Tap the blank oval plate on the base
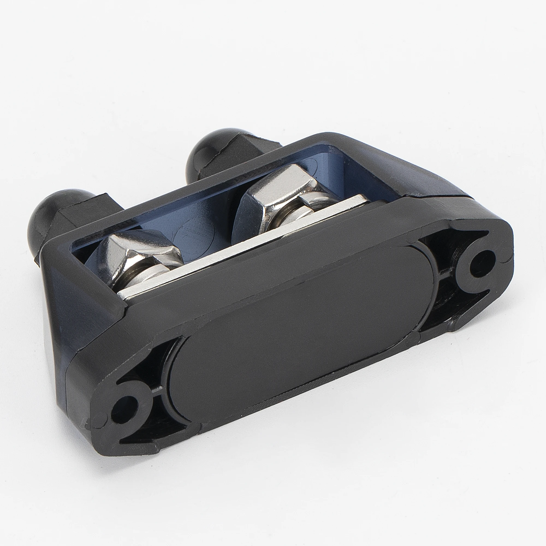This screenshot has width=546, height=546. (299, 322)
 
